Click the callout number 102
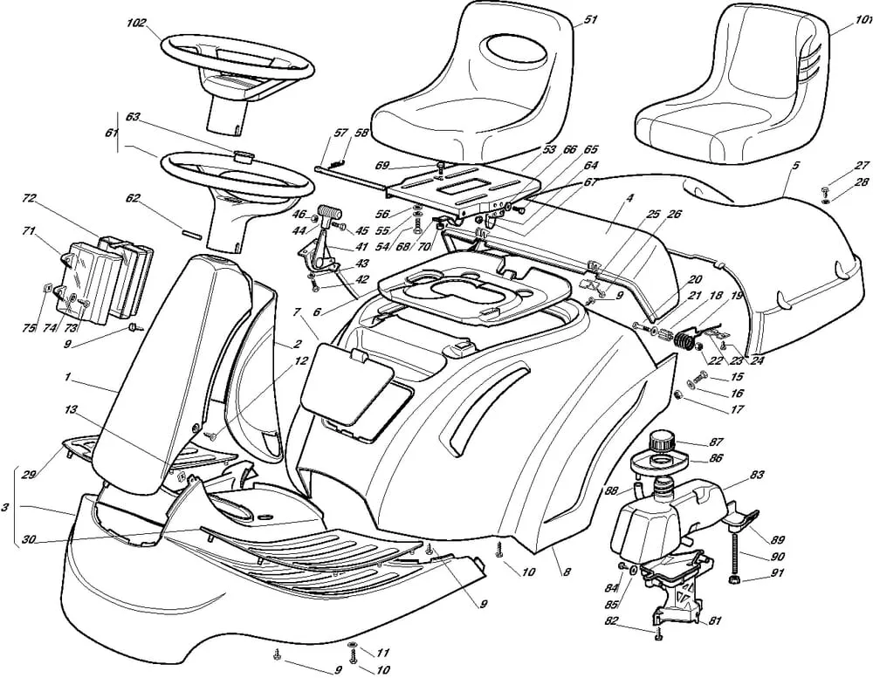136,24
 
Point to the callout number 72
28,199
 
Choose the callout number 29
29,474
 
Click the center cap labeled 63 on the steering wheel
244,157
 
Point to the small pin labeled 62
195,232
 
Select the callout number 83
756,475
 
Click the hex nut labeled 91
733,580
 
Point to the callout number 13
71,408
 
